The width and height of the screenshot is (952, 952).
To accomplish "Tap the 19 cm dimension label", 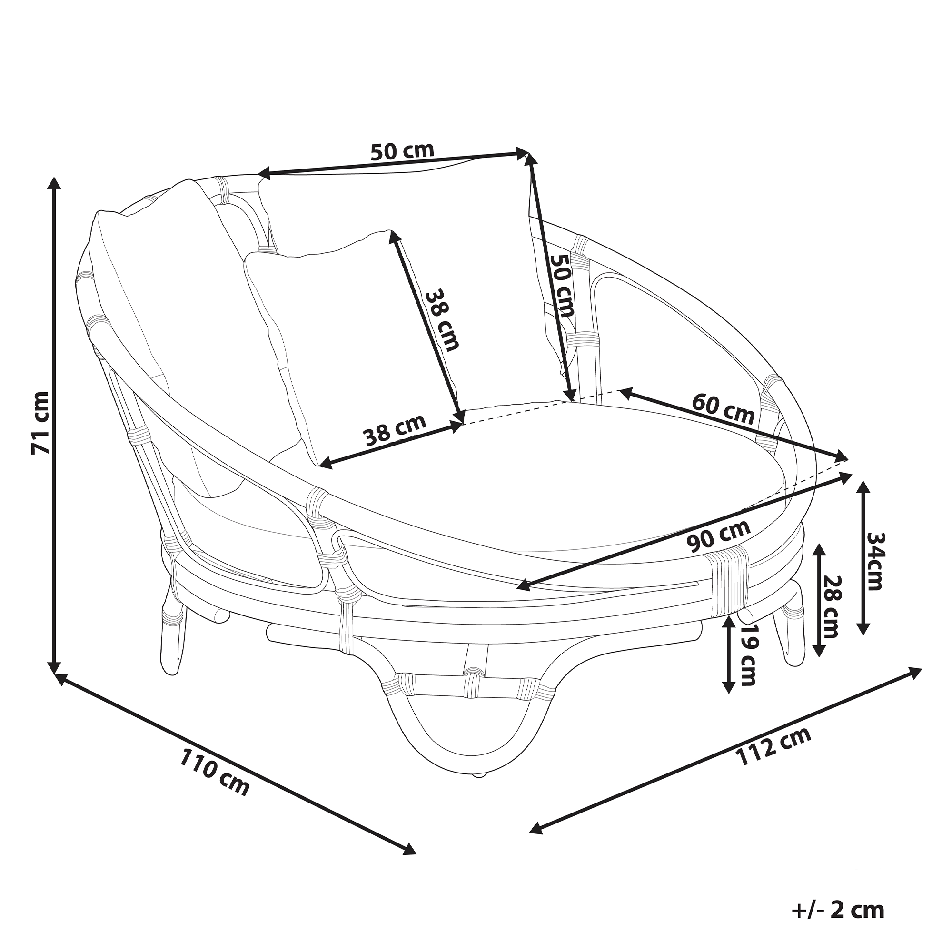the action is pos(747,655).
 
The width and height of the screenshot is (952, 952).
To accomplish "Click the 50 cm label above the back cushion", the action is pos(403,151).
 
